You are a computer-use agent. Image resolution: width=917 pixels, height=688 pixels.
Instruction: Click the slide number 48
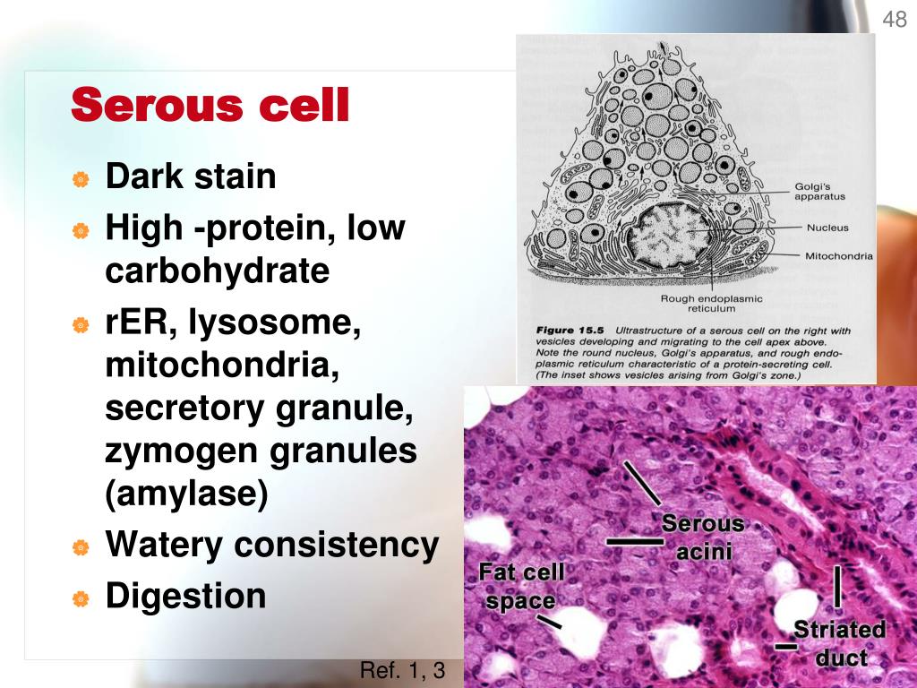point(895,20)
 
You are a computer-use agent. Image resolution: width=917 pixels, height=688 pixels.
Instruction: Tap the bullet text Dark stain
point(191,176)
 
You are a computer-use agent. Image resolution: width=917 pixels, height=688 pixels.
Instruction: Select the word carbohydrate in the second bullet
point(218,271)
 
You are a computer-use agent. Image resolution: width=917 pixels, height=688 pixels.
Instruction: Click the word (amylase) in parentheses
point(186,496)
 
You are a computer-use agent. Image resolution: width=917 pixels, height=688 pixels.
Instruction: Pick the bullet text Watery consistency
point(272,544)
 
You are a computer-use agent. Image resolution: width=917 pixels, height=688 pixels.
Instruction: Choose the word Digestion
point(185,596)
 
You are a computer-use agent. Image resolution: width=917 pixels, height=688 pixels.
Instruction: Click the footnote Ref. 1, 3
point(402,670)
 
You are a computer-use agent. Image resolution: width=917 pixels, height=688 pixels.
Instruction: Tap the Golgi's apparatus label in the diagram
point(818,192)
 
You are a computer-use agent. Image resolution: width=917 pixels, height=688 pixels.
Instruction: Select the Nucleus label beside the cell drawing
point(827,228)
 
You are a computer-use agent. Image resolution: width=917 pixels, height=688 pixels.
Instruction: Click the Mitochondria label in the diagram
point(838,255)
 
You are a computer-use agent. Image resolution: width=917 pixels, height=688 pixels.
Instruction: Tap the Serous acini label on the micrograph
point(703,537)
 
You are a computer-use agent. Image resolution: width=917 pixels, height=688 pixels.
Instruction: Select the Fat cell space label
point(521,586)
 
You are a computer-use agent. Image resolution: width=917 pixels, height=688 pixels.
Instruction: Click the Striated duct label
point(840,643)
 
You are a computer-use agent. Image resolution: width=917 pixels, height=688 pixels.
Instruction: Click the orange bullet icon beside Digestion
point(81,597)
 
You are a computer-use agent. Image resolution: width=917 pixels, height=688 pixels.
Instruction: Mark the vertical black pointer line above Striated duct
point(838,586)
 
